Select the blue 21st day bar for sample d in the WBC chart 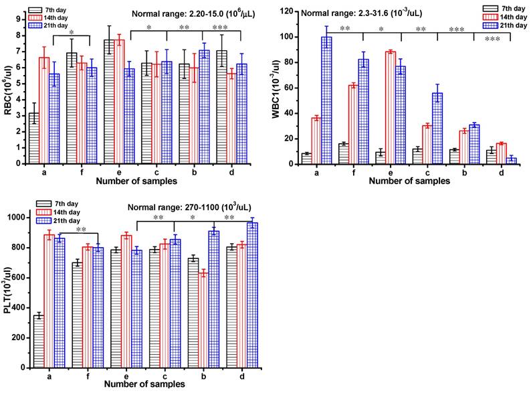(511, 161)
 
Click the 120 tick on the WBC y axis (286, 11)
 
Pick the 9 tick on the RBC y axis (20, 18)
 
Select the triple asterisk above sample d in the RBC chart (219, 28)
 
